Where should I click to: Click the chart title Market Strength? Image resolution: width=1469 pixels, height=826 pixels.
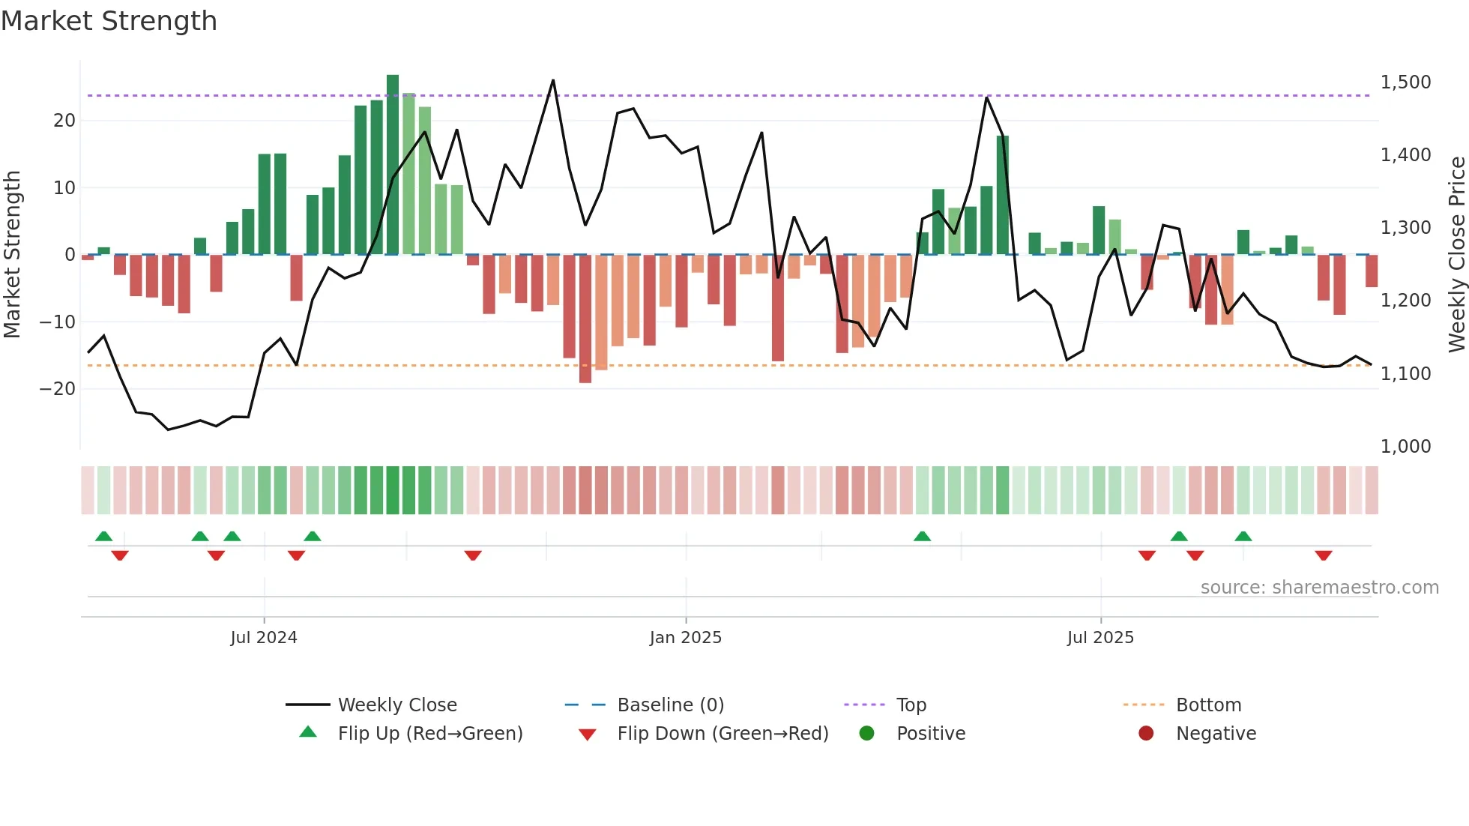pyautogui.click(x=109, y=21)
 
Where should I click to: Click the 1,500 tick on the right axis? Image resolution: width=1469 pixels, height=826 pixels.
pyautogui.click(x=1405, y=82)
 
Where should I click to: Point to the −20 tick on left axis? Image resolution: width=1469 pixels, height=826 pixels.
pyautogui.click(x=58, y=388)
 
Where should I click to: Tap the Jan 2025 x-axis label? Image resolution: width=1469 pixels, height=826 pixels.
pyautogui.click(x=685, y=637)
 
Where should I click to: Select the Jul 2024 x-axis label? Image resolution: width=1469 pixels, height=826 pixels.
pyautogui.click(x=264, y=637)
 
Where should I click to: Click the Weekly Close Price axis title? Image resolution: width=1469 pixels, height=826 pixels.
pyautogui.click(x=1456, y=254)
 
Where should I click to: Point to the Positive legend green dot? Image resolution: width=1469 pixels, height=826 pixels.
pyautogui.click(x=867, y=733)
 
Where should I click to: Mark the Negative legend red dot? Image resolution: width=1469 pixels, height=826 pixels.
pyautogui.click(x=1146, y=733)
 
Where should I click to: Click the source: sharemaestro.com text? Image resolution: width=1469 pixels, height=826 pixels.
pyautogui.click(x=1319, y=587)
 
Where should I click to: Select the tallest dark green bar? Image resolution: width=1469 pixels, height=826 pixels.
pyautogui.click(x=393, y=165)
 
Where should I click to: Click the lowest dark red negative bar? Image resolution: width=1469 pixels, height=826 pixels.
pyautogui.click(x=585, y=319)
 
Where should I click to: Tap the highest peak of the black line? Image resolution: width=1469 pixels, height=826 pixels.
pyautogui.click(x=553, y=80)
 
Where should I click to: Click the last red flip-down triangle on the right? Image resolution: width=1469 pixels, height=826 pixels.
pyautogui.click(x=1323, y=555)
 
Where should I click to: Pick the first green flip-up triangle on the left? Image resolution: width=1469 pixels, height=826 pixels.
pyautogui.click(x=104, y=536)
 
